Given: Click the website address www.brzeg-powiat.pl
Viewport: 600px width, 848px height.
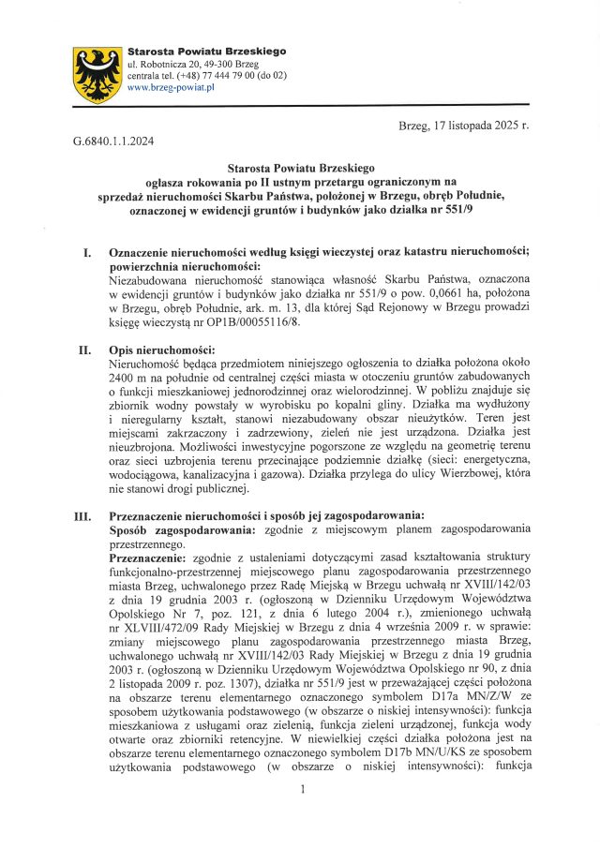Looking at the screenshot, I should (x=171, y=87).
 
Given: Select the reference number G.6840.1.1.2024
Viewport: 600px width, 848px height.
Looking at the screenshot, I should (x=113, y=141).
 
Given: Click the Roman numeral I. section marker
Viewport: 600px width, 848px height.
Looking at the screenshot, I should (x=87, y=253).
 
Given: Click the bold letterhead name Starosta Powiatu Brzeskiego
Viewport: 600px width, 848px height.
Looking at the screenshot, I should (x=206, y=51).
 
